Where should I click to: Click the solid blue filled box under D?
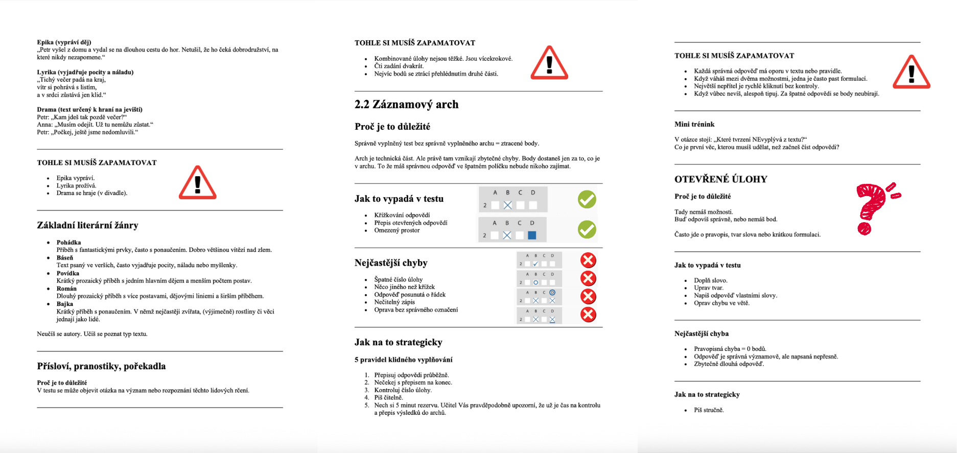point(532,235)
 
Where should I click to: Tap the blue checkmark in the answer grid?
point(535,264)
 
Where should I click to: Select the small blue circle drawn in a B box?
point(535,282)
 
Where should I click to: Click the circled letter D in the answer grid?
point(552,293)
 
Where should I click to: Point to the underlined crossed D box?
point(552,319)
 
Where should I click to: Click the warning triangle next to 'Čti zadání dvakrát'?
point(549,63)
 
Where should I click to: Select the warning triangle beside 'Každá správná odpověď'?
point(911,72)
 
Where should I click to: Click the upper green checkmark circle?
point(587,199)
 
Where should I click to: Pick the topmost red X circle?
point(588,260)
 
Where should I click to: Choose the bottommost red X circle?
point(588,315)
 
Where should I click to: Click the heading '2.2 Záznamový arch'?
point(406,105)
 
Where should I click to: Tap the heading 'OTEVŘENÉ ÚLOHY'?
point(720,179)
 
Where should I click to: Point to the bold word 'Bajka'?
point(65,304)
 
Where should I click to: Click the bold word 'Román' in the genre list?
point(66,289)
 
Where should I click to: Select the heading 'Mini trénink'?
point(694,124)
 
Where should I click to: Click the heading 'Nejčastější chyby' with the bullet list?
point(391,263)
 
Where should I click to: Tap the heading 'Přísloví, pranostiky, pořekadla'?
point(101,366)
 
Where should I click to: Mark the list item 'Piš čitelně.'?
point(388,397)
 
